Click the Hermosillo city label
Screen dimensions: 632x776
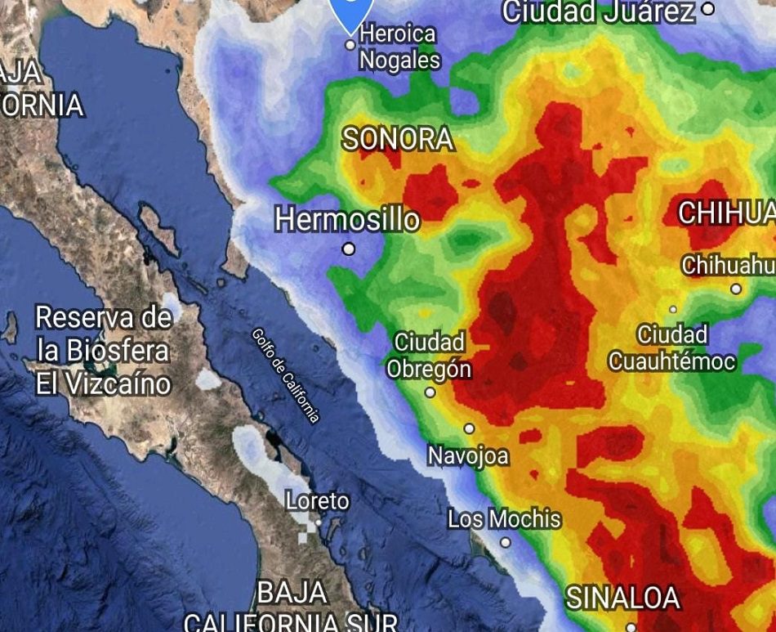click(347, 219)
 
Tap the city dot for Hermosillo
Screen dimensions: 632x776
click(349, 249)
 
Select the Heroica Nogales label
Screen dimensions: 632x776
click(399, 47)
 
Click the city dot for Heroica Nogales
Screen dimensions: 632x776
click(350, 45)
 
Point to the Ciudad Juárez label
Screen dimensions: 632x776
click(599, 11)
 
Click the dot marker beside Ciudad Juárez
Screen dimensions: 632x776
click(708, 9)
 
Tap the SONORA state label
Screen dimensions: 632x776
click(398, 139)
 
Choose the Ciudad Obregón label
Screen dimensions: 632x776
click(429, 355)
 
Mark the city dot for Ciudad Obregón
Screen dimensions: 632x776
click(430, 392)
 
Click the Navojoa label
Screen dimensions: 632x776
click(468, 455)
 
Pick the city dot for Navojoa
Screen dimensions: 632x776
click(470, 428)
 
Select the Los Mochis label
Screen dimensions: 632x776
click(505, 519)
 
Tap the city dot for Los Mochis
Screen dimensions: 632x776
click(506, 542)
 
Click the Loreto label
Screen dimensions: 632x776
click(318, 500)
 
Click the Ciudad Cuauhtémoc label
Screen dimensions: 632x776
click(672, 347)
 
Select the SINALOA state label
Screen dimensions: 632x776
click(623, 598)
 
